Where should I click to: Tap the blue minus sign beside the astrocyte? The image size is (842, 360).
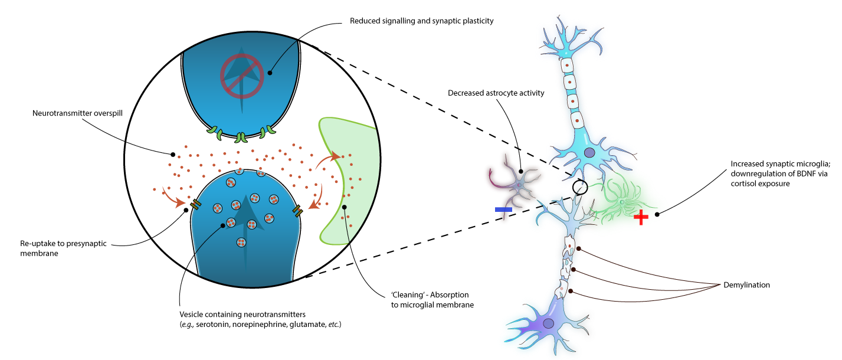pos(503,210)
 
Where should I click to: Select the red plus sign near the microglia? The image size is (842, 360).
pos(641,218)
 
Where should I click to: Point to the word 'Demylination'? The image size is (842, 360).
pos(746,285)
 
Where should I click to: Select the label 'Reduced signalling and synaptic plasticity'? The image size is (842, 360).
pos(421,21)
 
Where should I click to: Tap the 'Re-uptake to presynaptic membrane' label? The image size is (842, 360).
pos(55,247)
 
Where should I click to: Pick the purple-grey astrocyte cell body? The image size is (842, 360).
pos(519,185)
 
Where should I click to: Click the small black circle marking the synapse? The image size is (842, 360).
pos(581,187)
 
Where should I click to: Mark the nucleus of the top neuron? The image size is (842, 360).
pos(589,153)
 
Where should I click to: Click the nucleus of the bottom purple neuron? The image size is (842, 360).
pos(549,323)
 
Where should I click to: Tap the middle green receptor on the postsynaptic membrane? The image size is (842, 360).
pos(241,138)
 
